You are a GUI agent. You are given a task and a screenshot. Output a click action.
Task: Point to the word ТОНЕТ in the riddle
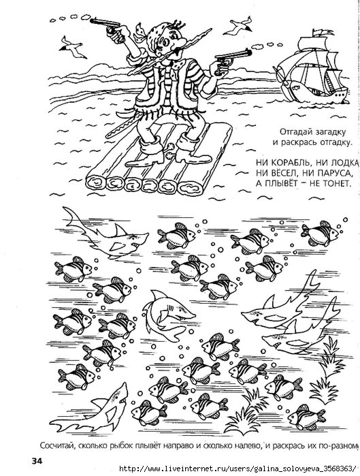tap(335, 183)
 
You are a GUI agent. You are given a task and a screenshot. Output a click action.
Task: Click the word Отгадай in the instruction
tap(292, 132)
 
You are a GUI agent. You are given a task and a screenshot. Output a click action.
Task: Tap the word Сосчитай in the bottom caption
tap(57, 445)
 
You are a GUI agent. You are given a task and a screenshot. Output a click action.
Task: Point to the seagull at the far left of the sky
tap(71, 48)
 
